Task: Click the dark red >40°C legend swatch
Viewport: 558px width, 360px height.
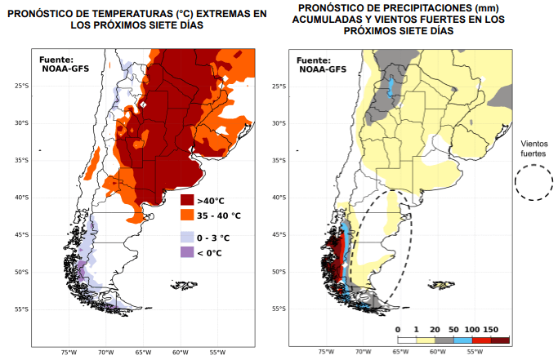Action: tap(187, 201)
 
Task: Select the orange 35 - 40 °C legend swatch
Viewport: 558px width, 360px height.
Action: tap(187, 216)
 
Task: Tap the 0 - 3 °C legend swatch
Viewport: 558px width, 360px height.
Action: tap(187, 237)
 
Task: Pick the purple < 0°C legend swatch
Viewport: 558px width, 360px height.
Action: tap(187, 252)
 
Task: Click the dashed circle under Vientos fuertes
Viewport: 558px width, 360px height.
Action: tap(533, 182)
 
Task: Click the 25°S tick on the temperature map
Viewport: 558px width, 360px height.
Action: tap(21, 86)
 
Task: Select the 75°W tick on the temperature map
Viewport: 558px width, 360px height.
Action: tap(69, 352)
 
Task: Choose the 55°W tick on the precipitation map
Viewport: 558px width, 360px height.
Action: tap(474, 352)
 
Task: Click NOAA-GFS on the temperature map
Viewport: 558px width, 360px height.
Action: tap(64, 69)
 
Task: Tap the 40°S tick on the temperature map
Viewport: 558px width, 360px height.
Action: tap(21, 198)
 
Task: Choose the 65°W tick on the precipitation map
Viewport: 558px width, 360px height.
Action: tap(400, 352)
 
